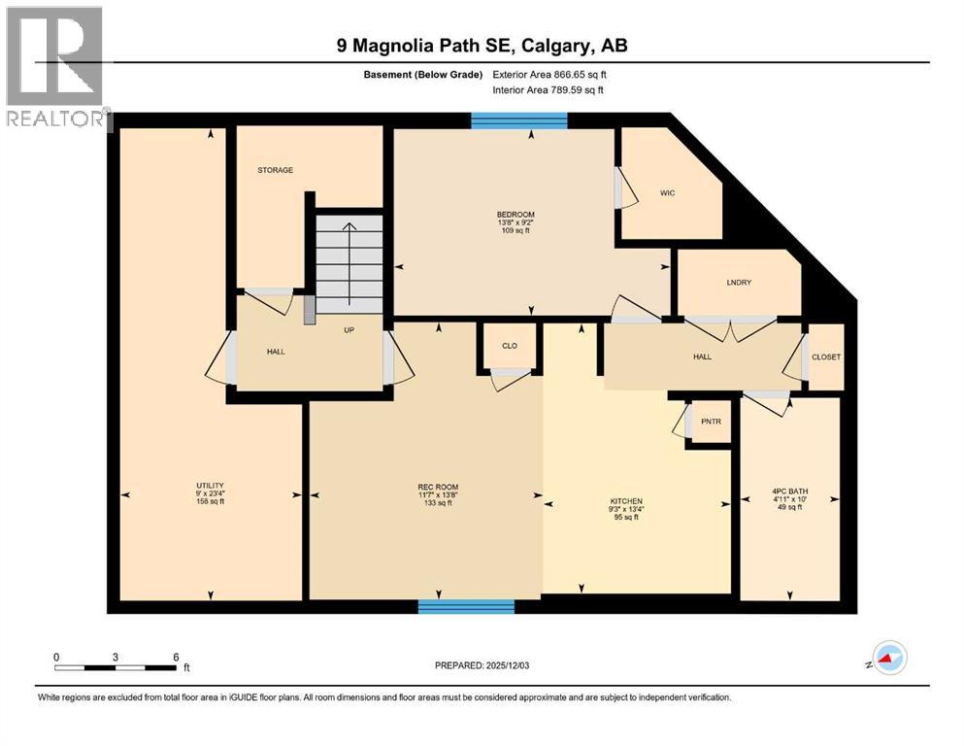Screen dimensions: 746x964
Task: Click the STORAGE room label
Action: click(275, 170)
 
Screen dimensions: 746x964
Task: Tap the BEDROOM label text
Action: click(515, 215)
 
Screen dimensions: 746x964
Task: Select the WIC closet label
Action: click(667, 192)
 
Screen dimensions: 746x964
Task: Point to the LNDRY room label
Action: click(740, 283)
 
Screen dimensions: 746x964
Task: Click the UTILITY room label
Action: click(210, 486)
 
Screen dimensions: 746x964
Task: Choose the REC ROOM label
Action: click(438, 487)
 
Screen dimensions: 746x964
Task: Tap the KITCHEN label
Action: click(626, 500)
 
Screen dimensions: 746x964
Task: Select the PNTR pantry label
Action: click(710, 421)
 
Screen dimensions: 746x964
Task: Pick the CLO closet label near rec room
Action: click(510, 344)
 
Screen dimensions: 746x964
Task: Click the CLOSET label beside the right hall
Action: click(826, 356)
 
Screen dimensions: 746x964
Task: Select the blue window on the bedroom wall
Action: click(519, 120)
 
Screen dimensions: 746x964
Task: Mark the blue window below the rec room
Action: click(466, 607)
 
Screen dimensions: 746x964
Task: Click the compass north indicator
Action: click(888, 658)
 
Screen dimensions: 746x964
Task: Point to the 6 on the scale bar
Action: click(176, 657)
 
